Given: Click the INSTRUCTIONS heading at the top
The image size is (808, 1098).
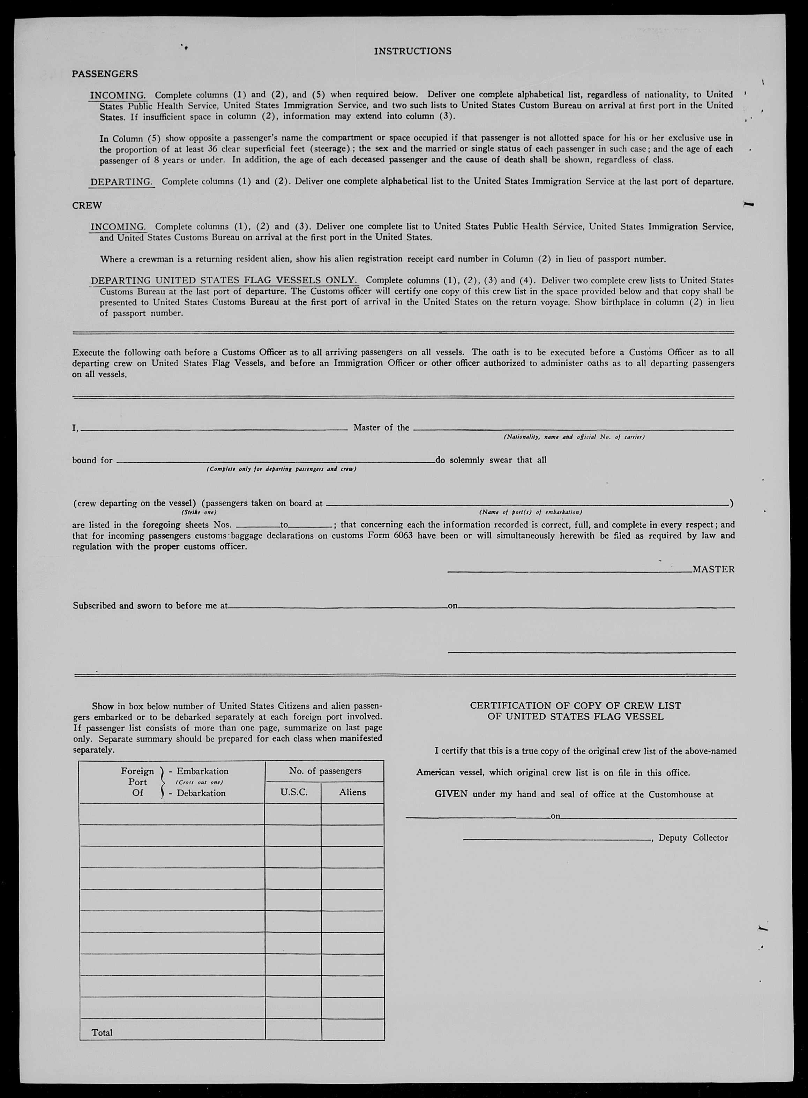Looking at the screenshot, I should pos(412,51).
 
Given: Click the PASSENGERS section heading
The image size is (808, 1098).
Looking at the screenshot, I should pos(105,74).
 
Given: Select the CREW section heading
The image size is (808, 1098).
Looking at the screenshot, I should pos(87,206).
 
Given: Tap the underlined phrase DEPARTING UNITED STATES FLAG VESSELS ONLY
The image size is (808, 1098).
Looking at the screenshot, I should pos(224,280).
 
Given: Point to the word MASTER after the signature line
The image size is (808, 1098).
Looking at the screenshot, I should pos(713,569).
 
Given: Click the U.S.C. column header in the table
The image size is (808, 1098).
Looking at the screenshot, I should pos(293,792).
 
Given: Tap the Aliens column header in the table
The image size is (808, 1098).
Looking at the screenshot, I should pos(352,792).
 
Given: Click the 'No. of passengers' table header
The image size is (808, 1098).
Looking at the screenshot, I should pos(325,771).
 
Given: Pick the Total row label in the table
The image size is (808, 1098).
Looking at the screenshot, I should pos(102,1032).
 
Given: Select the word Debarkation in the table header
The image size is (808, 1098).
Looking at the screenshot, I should pos(201,793).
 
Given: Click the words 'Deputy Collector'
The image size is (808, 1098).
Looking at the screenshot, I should pos(693,838).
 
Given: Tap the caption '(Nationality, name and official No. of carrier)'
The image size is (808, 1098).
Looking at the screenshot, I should pos(574,437).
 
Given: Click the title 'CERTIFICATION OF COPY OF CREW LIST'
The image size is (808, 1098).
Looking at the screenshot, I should pos(575,705).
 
